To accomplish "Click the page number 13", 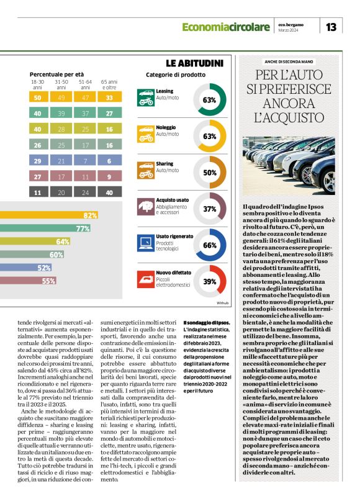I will tap(331, 27).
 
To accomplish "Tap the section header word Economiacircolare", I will tap(225, 27).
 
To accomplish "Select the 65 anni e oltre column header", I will tap(109, 84).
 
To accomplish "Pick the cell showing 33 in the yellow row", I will tap(109, 97).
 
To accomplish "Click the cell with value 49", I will tap(61, 97).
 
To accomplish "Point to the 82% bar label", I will tap(90, 215).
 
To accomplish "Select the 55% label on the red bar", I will tap(49, 281).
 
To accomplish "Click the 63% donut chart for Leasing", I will tap(209, 100).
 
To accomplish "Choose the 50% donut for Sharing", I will tap(209, 173).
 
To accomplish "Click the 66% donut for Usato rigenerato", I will tap(209, 245).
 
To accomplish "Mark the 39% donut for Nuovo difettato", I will tap(209, 281).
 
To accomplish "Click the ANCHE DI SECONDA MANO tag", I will tap(289, 62).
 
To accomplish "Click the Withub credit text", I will tap(222, 302).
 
